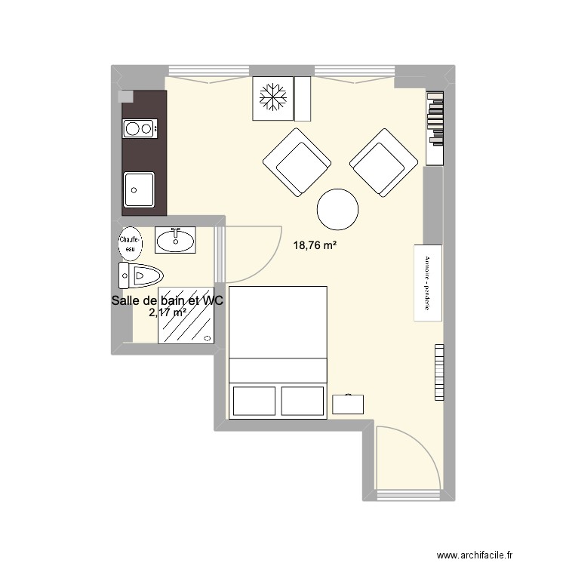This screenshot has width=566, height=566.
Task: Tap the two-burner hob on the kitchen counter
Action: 138,129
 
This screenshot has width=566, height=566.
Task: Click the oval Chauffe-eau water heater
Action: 129,241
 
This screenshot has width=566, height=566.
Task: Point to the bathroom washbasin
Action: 175,240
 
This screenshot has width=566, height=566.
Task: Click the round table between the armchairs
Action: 337,210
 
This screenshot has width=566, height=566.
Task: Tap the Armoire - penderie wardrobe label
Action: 427,283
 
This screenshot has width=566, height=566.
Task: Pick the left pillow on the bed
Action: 255,400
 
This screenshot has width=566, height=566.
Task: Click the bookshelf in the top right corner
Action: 435,128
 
